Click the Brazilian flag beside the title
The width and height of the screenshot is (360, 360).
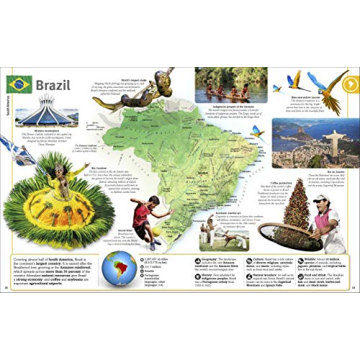(x=19, y=85)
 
